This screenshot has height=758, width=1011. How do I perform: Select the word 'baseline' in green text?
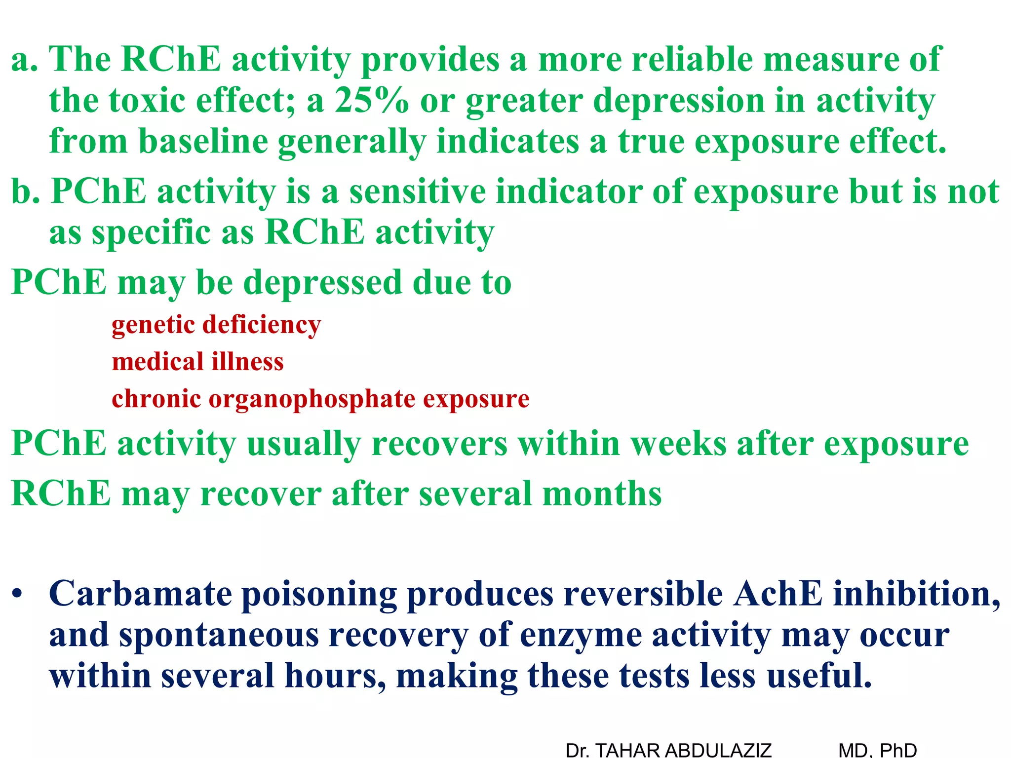tap(203, 142)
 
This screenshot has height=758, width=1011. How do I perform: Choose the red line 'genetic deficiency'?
tap(216, 325)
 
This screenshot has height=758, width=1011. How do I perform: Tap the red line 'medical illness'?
tap(198, 362)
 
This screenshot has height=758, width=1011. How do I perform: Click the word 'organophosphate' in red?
tap(312, 399)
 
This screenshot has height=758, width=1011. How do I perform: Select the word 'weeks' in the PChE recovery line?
tap(679, 444)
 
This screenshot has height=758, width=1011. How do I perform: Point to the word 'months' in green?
tap(602, 493)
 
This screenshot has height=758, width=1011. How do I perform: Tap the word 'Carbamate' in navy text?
tap(140, 593)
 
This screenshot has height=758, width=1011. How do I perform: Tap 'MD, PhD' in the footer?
tap(877, 750)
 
